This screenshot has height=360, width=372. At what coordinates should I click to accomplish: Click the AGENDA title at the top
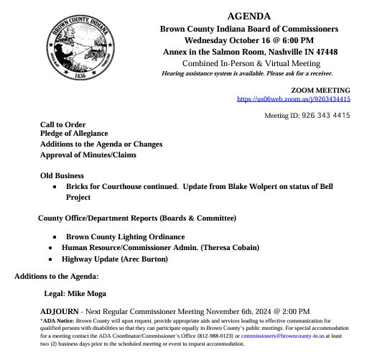248,16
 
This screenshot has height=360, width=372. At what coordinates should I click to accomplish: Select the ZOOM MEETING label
321,90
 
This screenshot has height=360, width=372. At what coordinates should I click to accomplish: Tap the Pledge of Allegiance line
75,134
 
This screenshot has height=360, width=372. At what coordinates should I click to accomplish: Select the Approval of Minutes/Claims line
88,154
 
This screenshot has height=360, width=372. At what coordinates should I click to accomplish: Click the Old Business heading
62,175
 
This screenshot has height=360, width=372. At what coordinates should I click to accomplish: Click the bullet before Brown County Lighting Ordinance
55,237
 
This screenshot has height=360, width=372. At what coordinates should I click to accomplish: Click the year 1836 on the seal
80,75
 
